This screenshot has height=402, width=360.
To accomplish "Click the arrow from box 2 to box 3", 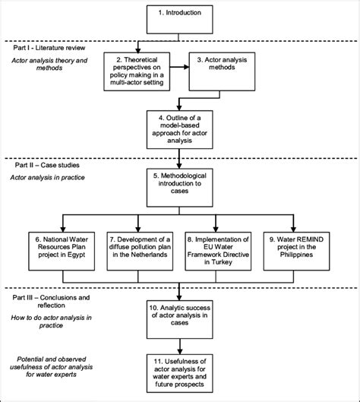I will (x=179, y=74).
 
